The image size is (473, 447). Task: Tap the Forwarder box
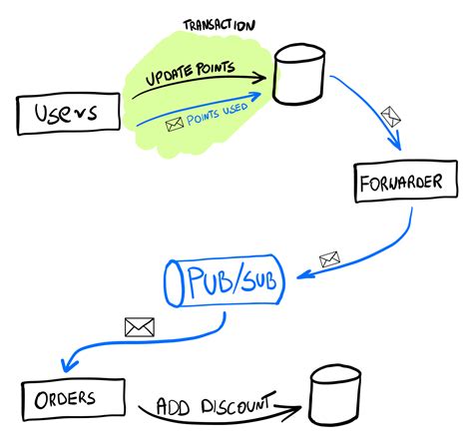click(398, 185)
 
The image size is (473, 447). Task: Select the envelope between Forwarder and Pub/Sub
click(328, 260)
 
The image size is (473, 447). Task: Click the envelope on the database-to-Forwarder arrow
click(392, 112)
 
